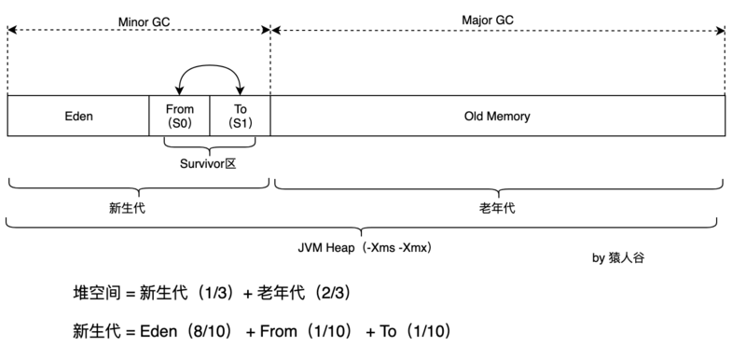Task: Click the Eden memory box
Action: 78,117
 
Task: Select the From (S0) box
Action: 179,117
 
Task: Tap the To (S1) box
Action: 240,117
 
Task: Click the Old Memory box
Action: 497,117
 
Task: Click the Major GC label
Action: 488,20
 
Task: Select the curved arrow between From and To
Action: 210,71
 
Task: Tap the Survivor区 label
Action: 210,162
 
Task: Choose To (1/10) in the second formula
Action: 415,331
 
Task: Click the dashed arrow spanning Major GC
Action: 499,31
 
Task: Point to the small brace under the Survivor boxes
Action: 210,145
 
